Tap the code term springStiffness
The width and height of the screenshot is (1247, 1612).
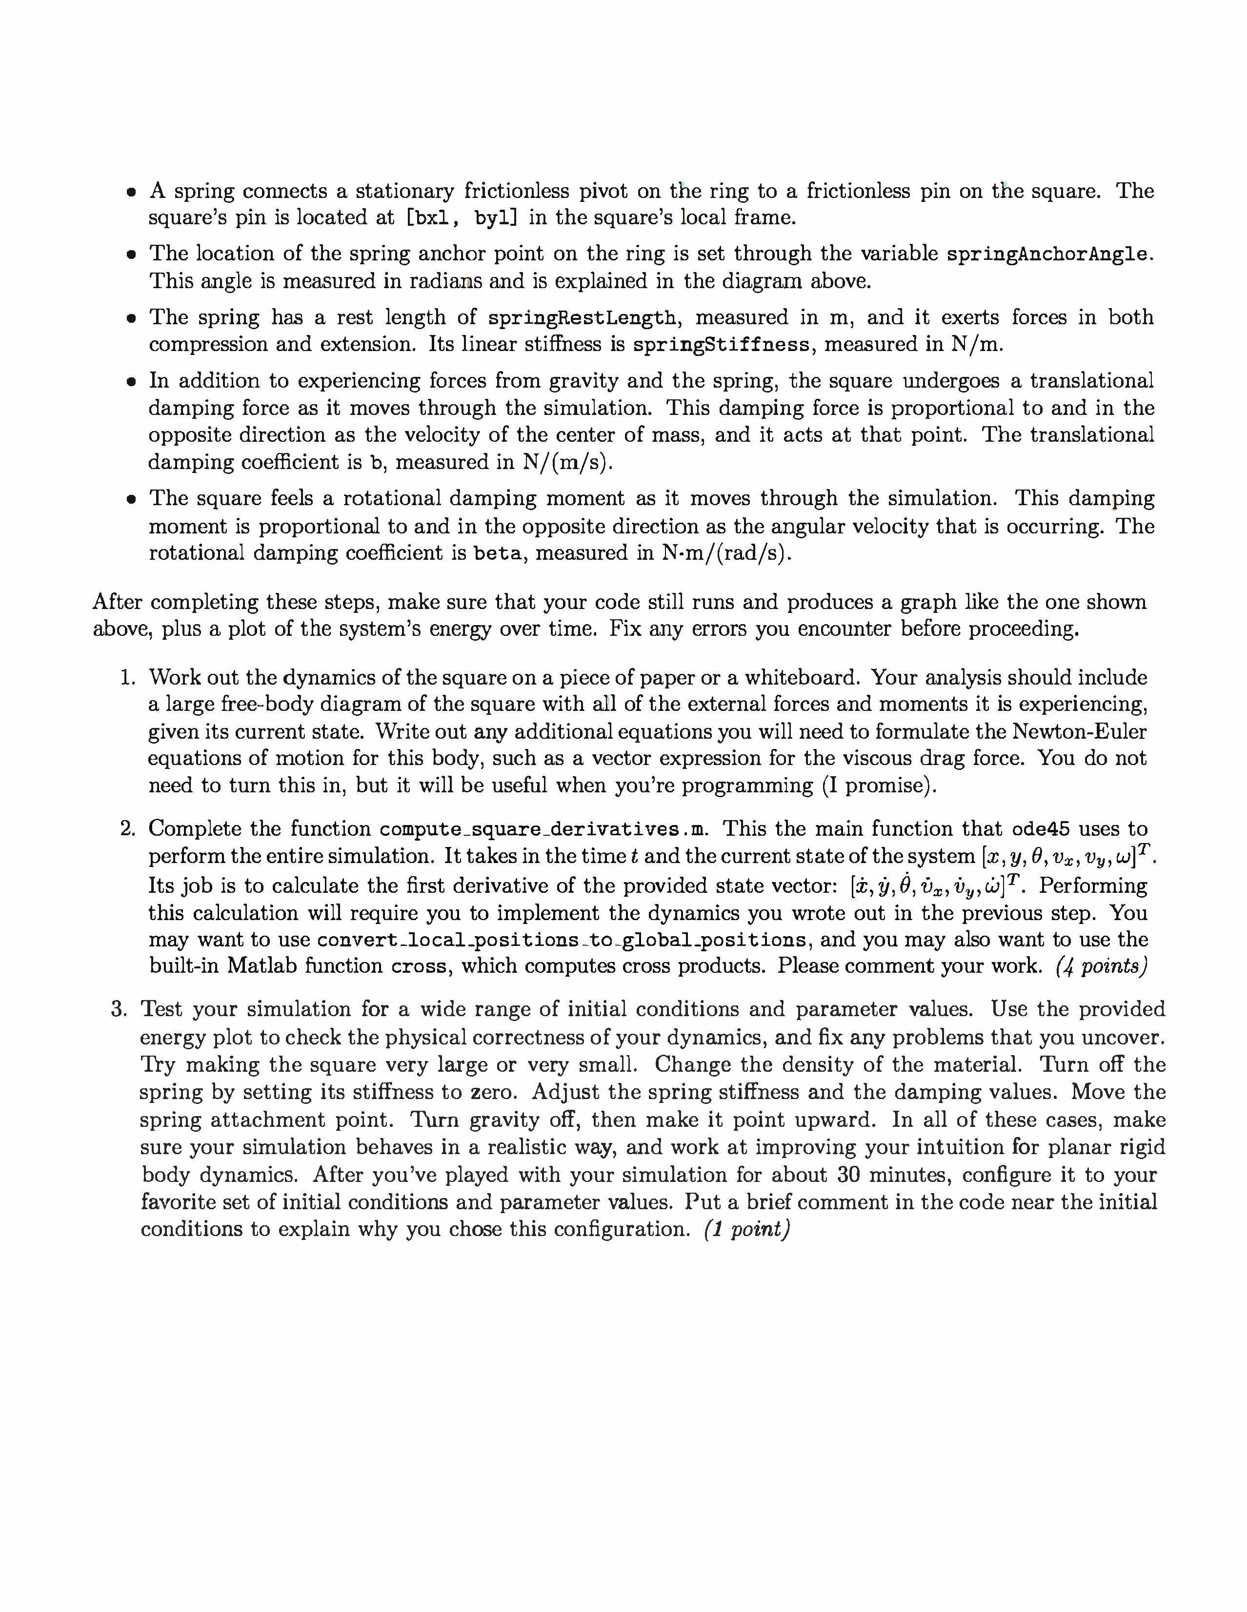(721, 345)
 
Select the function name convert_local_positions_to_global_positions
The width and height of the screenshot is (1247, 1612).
(561, 940)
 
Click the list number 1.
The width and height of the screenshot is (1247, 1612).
(128, 678)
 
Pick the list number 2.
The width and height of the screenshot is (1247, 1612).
(128, 829)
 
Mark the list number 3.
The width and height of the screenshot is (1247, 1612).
(120, 1010)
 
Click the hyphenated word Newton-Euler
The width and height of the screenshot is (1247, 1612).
(1079, 731)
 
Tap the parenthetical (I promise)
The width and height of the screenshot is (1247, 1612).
(879, 786)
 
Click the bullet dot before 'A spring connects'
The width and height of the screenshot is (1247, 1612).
(131, 193)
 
